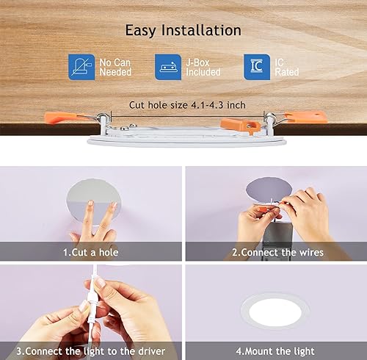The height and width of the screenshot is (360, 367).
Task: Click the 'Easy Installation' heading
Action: [183, 30]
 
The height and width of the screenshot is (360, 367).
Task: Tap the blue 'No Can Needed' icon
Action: [81, 67]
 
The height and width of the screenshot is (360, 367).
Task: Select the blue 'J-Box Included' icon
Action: [168, 67]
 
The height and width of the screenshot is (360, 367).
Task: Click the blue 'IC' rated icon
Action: [256, 67]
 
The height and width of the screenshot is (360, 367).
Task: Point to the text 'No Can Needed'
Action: [115, 67]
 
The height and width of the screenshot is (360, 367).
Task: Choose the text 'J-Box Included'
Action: [203, 67]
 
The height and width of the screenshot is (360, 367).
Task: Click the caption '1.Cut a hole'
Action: [91, 252]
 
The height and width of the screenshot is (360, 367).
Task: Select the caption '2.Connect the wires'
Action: [277, 252]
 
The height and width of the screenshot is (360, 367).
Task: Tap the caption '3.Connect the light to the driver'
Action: [91, 350]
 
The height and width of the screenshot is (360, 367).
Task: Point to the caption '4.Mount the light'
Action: [277, 350]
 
